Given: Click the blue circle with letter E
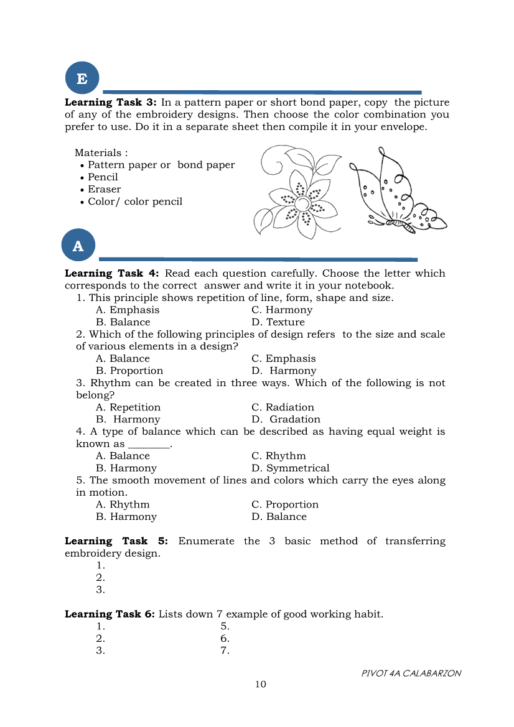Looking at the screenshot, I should click(82, 78).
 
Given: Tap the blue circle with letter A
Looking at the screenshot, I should click(78, 245).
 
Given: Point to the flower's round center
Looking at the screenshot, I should click(302, 204).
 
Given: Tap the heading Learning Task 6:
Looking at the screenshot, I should click(110, 614).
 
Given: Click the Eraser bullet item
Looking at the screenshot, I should click(104, 189).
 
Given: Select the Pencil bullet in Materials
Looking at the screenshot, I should click(103, 177).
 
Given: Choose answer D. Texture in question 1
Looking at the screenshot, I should click(278, 322).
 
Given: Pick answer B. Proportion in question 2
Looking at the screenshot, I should click(129, 371).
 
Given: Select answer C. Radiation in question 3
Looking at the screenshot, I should click(283, 407).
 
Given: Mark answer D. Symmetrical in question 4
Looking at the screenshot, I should click(291, 468).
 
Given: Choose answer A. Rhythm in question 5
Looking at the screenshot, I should click(123, 504).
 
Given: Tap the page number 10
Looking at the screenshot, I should click(260, 685).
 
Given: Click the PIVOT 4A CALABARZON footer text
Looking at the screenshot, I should click(411, 674).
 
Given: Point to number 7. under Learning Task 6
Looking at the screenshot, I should click(225, 651).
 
